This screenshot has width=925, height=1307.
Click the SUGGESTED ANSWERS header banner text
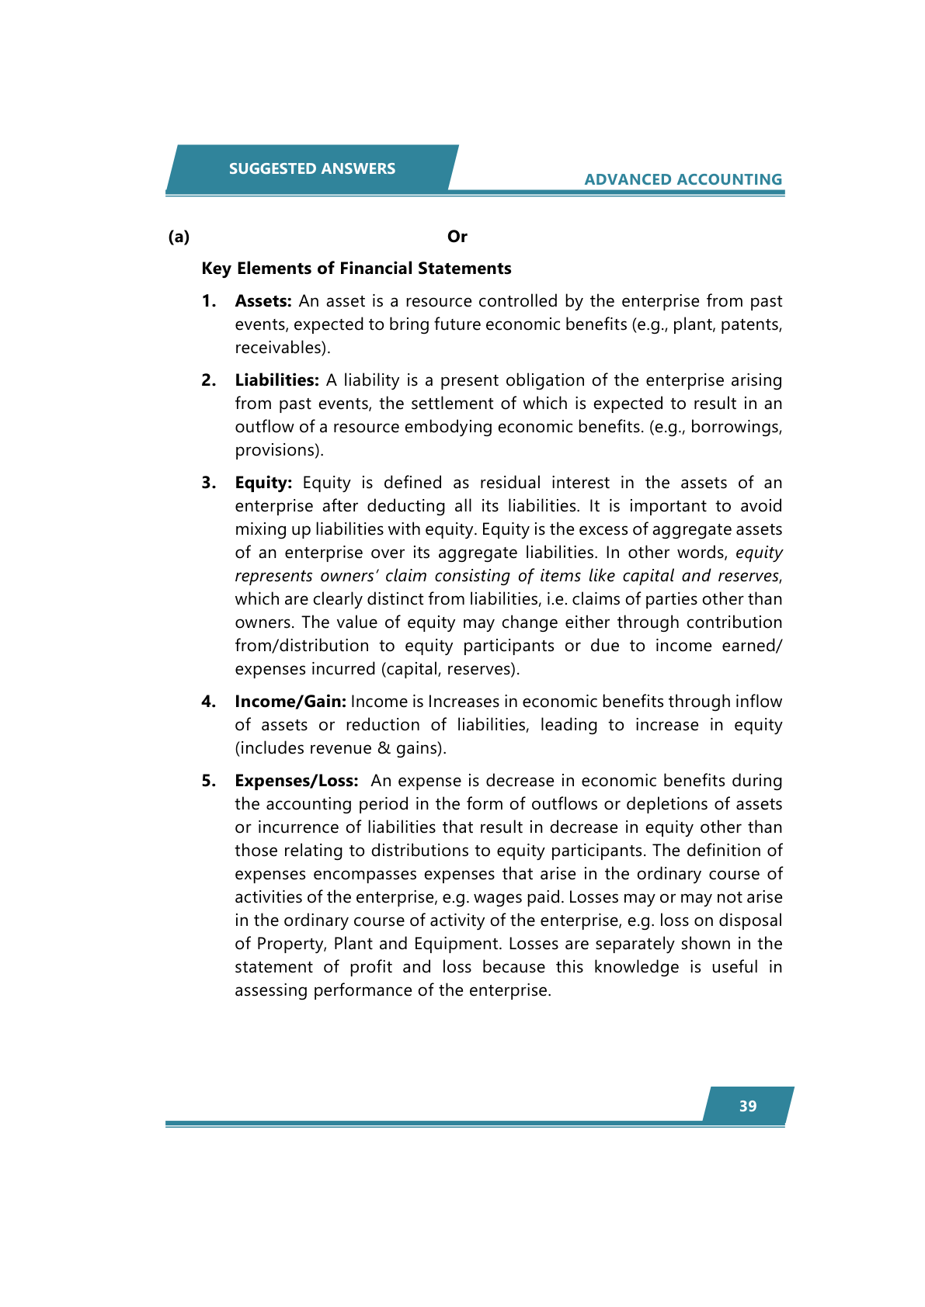click(x=311, y=168)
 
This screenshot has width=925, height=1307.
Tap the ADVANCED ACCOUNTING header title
click(x=683, y=179)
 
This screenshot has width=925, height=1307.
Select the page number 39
click(x=747, y=1106)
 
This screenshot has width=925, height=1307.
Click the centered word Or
click(x=457, y=237)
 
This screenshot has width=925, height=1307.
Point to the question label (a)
click(x=179, y=237)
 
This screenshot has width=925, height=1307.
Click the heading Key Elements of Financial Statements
click(x=356, y=269)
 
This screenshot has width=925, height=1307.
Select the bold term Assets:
click(x=263, y=301)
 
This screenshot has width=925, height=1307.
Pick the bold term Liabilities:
click(x=277, y=380)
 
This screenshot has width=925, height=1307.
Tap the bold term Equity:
click(x=263, y=483)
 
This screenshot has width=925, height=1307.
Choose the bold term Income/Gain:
click(x=290, y=702)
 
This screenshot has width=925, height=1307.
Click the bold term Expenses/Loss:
click(x=297, y=781)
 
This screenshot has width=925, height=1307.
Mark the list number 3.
click(x=208, y=483)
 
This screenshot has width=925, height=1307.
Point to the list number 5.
click(x=208, y=781)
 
